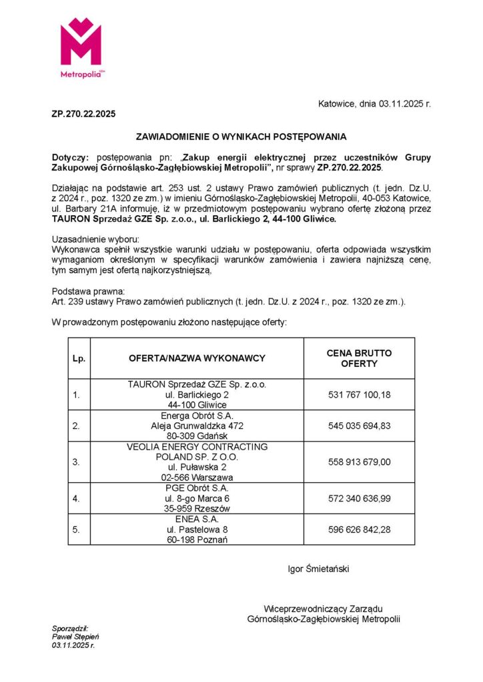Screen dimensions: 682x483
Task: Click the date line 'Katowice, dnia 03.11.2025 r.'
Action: (x=374, y=104)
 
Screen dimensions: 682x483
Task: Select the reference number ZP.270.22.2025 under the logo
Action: (x=83, y=114)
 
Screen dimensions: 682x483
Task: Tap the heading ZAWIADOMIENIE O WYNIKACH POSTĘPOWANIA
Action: (x=241, y=137)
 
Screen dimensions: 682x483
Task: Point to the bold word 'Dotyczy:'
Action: (x=70, y=157)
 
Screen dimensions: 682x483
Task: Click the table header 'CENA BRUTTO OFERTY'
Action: (x=359, y=358)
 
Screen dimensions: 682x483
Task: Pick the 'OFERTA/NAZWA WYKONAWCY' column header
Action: (x=197, y=358)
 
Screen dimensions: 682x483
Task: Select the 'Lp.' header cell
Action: (x=79, y=358)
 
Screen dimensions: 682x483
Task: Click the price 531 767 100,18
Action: (x=359, y=395)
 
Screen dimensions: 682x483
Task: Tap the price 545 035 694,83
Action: (x=359, y=426)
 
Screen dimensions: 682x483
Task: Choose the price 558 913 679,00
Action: (x=359, y=462)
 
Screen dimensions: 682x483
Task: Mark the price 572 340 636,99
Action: (x=359, y=498)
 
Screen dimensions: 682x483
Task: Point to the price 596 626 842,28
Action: (x=359, y=529)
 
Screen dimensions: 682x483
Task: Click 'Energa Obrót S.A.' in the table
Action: (x=197, y=416)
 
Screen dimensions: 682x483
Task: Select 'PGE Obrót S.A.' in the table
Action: (x=197, y=488)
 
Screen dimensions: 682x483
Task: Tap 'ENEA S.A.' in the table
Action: (x=197, y=519)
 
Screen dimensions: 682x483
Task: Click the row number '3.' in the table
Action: (x=77, y=462)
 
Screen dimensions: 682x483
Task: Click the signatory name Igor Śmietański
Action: (x=318, y=569)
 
